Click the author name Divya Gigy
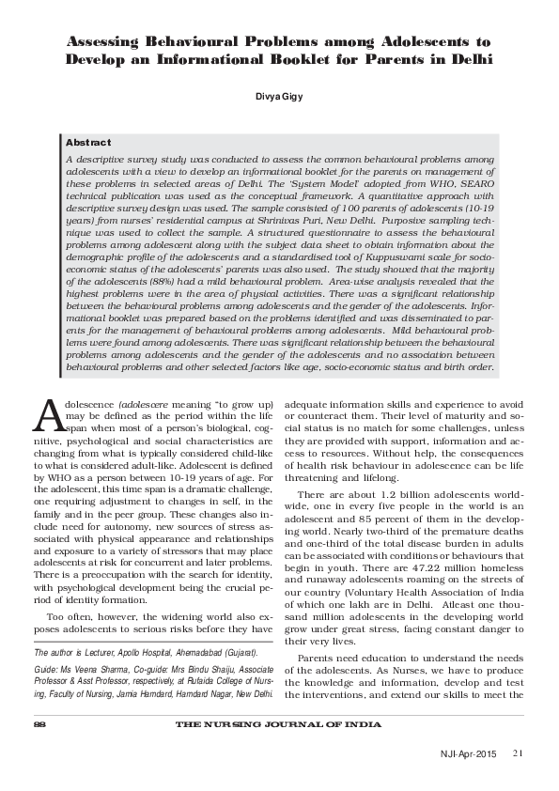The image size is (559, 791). [x=279, y=96]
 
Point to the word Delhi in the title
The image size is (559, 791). [x=465, y=58]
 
